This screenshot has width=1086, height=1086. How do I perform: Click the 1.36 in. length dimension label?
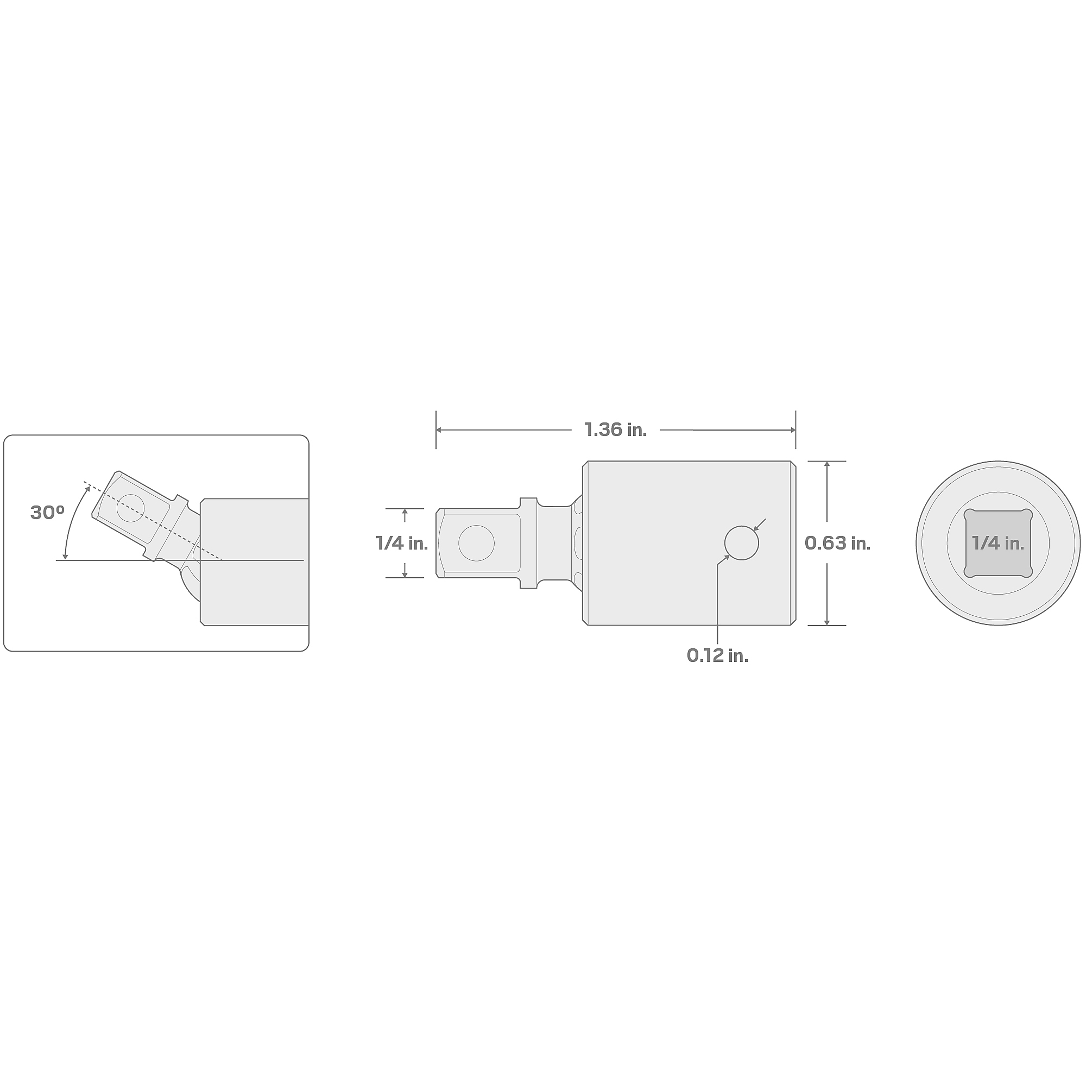(x=616, y=430)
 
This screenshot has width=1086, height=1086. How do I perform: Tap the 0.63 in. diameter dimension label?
(x=837, y=543)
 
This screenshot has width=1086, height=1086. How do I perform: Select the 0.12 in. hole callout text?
(x=717, y=655)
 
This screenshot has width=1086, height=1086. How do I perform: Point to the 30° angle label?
(x=47, y=513)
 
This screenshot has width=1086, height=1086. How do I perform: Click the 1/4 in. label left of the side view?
(x=402, y=543)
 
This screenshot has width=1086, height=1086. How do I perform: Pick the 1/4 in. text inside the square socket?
(x=997, y=543)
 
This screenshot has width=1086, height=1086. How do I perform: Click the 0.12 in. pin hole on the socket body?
(x=741, y=543)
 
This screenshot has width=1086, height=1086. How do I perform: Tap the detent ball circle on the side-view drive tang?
(x=476, y=543)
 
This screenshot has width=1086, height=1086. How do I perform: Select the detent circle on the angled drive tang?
(x=130, y=508)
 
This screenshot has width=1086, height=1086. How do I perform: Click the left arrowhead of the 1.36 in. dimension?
(x=439, y=430)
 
